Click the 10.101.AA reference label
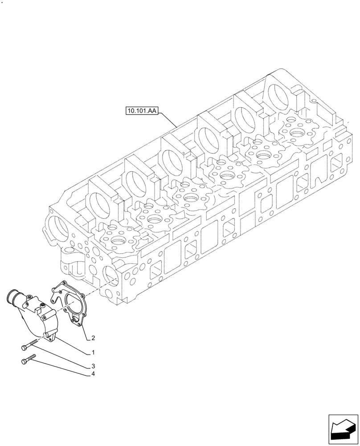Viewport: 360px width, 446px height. click(x=142, y=110)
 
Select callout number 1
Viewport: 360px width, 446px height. click(x=93, y=352)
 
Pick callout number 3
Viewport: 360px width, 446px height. click(x=93, y=366)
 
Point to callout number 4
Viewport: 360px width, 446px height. click(x=93, y=374)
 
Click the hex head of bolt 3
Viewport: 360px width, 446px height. click(x=24, y=347)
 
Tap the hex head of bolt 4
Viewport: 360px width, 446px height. click(x=24, y=362)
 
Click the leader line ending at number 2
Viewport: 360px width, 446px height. click(x=85, y=331)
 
